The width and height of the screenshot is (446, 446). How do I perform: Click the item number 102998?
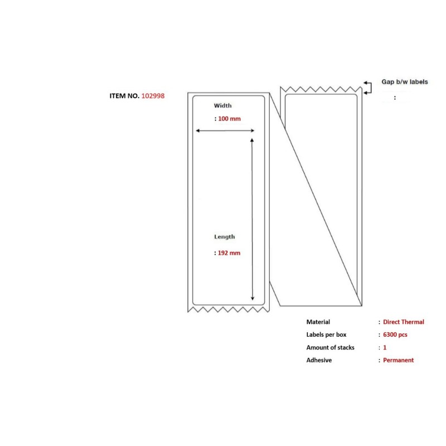pos(153,96)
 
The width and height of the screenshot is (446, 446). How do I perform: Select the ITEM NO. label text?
pos(124,96)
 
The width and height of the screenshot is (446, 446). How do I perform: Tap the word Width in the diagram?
pos(222,105)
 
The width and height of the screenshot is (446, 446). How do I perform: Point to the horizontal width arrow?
pos(225,131)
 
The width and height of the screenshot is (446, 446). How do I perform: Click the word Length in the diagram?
pos(225,237)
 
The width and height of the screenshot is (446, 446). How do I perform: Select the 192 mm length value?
pos(229,253)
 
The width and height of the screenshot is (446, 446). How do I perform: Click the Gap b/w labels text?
pos(405,82)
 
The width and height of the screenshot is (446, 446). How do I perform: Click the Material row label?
pos(318,322)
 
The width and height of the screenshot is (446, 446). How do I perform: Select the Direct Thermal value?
pos(404,322)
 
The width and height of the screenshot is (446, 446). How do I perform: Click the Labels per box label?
pos(327,334)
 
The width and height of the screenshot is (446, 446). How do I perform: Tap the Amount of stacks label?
pos(331,347)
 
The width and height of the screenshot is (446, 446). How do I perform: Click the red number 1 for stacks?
pos(385,347)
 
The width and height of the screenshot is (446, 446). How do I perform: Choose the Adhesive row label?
pos(319,360)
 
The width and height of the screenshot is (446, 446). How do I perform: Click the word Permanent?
pos(399,360)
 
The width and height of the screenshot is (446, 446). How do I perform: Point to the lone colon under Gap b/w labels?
pos(395,98)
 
